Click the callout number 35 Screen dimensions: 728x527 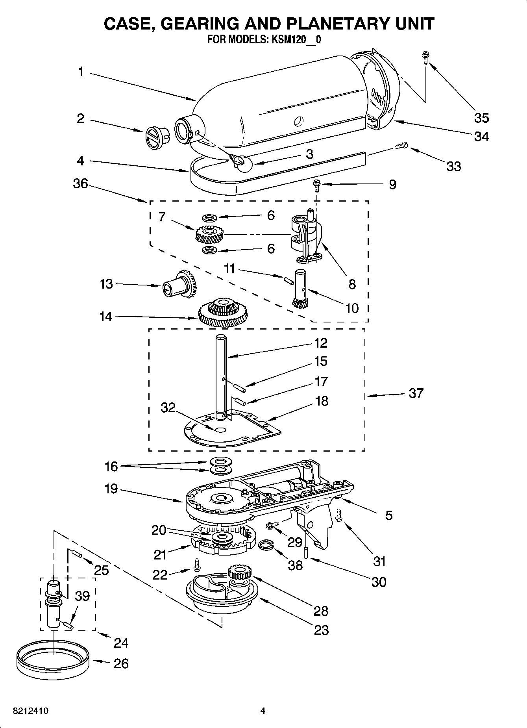(481, 118)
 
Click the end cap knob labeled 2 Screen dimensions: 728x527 (155, 138)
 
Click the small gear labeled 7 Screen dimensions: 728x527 (209, 235)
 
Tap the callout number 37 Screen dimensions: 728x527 (416, 393)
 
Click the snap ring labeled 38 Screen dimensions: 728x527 (266, 545)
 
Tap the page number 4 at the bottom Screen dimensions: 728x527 (263, 711)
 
